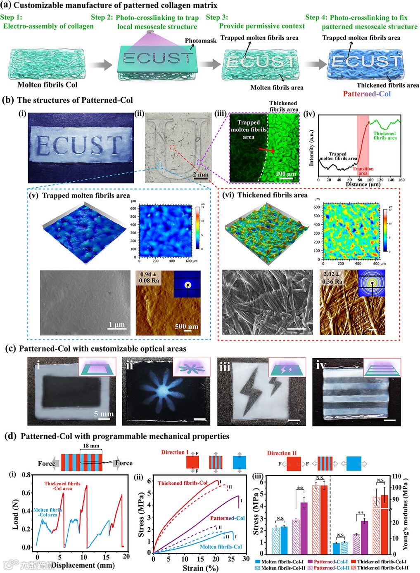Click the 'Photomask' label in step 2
200,41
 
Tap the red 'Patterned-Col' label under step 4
366,94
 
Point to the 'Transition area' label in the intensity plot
363,171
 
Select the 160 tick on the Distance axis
401,180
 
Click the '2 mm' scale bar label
201,174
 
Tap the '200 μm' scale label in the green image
286,174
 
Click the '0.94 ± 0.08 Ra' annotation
149,277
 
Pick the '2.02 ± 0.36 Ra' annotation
332,277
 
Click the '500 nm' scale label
186,326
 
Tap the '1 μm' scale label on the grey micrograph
116,324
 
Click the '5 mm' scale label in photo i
103,413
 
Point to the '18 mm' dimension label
91,446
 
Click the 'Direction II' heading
282,453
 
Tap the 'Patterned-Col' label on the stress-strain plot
227,518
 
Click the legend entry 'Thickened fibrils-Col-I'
382,561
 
